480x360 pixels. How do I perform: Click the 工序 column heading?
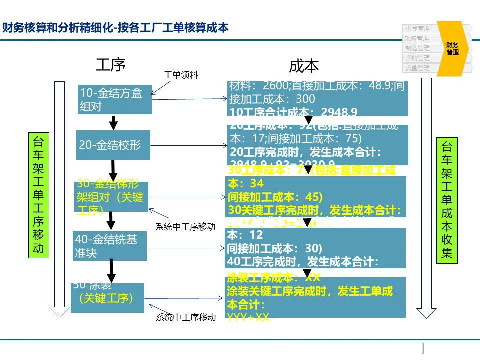point(110,64)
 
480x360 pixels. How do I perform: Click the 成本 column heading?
point(304,66)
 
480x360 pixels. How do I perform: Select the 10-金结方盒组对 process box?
point(115,100)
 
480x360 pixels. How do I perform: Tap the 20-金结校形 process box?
point(113,145)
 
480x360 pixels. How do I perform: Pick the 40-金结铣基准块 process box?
point(110,246)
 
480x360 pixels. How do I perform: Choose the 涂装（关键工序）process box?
point(107,298)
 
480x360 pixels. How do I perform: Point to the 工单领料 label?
point(181,75)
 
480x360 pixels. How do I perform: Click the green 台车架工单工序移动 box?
point(39,195)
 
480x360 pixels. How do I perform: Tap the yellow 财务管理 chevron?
point(453,48)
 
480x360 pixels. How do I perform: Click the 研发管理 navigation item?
point(417,29)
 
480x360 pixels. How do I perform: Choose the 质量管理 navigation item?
point(417,68)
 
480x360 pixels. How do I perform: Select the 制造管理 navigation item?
point(417,48)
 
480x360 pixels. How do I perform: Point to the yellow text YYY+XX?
point(248,317)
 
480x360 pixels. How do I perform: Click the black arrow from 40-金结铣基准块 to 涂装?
point(112,271)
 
